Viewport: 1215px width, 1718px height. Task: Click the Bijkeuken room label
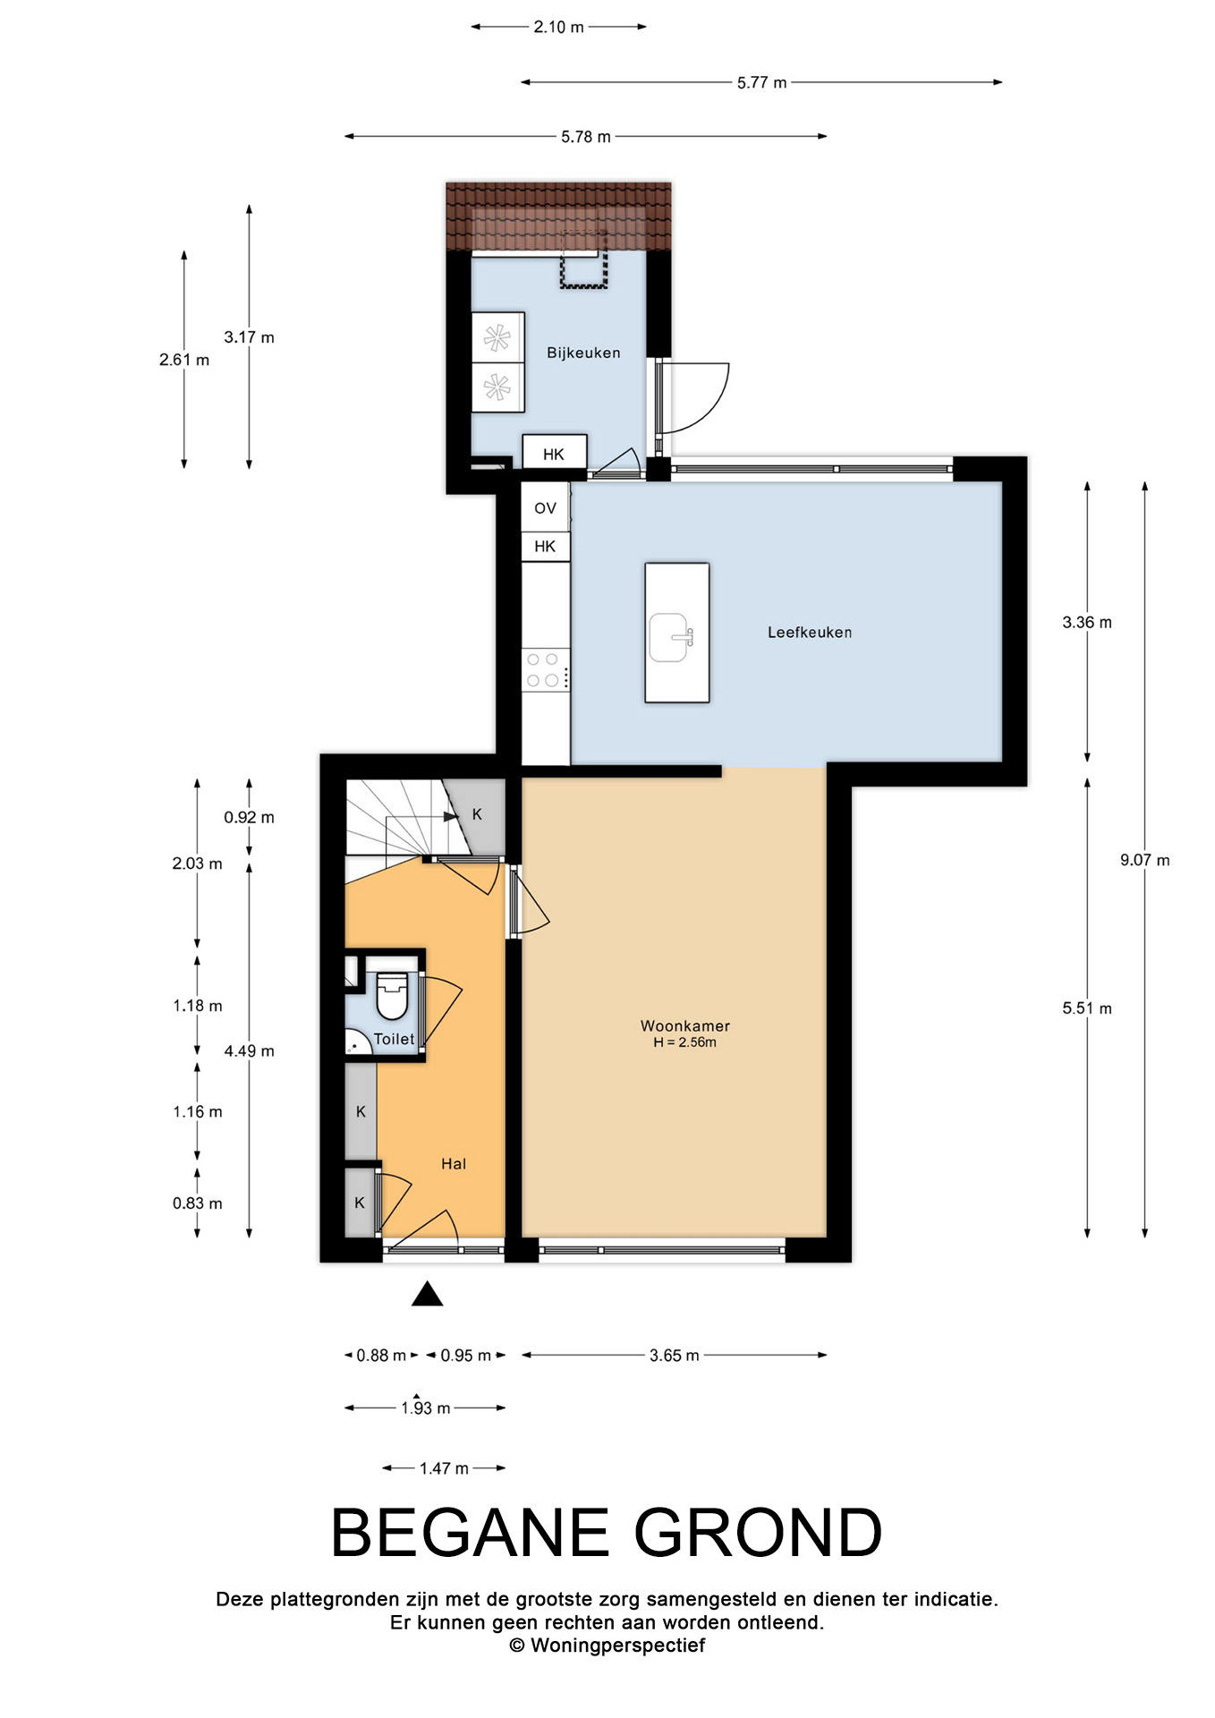click(x=583, y=353)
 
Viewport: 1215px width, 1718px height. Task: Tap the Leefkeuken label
click(x=810, y=633)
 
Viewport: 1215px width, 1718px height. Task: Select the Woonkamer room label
click(x=685, y=1025)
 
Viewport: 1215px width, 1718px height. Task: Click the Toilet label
click(x=395, y=1039)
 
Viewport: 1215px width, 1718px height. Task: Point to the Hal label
click(x=454, y=1163)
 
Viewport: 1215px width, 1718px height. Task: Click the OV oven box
click(x=546, y=507)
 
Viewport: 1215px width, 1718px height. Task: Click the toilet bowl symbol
click(x=392, y=996)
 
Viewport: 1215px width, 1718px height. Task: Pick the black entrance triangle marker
click(x=428, y=1294)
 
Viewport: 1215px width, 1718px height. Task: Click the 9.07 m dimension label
click(x=1145, y=860)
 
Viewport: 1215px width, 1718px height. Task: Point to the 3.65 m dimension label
click(x=675, y=1356)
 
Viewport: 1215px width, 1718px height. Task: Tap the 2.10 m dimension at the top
click(x=559, y=27)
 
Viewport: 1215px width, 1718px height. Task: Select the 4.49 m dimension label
click(x=250, y=1051)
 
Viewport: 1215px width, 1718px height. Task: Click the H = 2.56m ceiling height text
click(x=685, y=1042)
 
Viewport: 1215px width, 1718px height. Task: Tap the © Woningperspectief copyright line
click(x=607, y=1646)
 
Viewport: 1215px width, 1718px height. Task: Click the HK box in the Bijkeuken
click(x=555, y=454)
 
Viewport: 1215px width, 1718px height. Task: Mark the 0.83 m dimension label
click(x=198, y=1203)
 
